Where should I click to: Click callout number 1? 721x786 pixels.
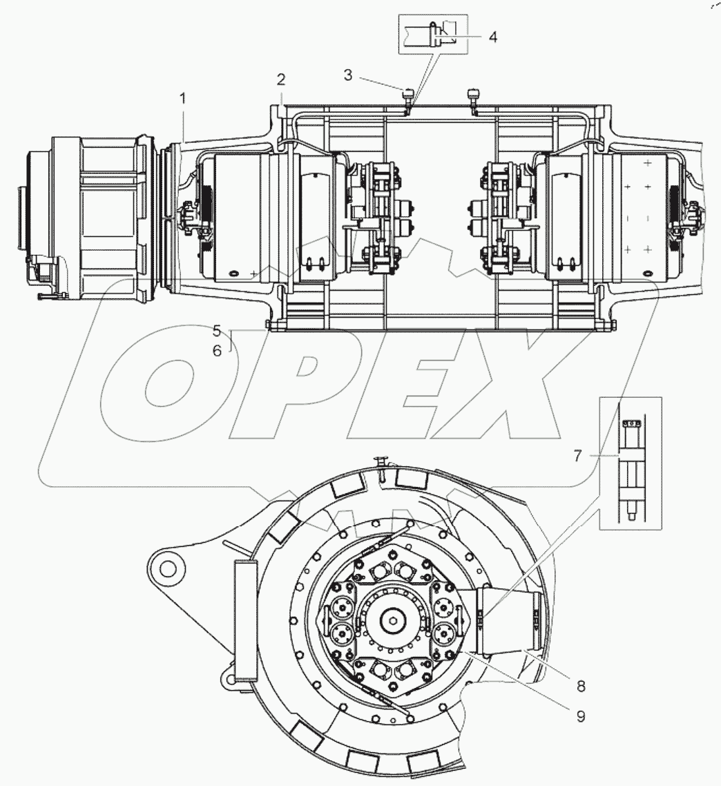coord(183,99)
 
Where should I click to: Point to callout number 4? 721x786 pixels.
coord(492,37)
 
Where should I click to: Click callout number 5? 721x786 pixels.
coord(217,330)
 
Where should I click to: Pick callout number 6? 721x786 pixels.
coord(217,351)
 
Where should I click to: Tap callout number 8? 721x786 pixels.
coord(581,686)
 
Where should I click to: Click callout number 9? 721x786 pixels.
coord(581,716)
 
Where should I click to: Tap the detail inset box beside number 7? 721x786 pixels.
coord(631,463)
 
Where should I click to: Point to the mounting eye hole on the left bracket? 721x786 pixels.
coord(166,568)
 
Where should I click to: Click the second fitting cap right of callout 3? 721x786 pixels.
coord(473,93)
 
